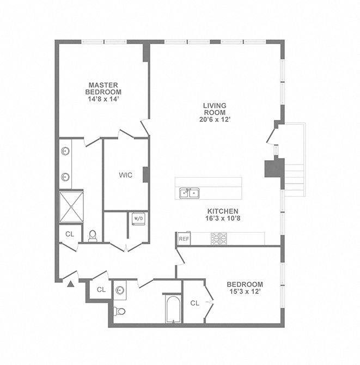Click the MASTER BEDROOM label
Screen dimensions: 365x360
pyautogui.click(x=104, y=88)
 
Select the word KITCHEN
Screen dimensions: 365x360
pyautogui.click(x=222, y=211)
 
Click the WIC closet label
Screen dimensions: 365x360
pyautogui.click(x=125, y=175)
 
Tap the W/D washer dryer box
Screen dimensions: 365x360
pyautogui.click(x=138, y=219)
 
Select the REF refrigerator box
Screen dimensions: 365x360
pyautogui.click(x=184, y=239)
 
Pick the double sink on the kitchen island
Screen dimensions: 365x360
pyautogui.click(x=190, y=192)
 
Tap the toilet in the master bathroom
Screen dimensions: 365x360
pyautogui.click(x=93, y=236)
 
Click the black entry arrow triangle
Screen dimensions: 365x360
pyautogui.click(x=70, y=283)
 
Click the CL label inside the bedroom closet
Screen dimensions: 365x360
pyautogui.click(x=195, y=302)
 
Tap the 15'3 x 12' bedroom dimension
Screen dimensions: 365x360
pyautogui.click(x=245, y=292)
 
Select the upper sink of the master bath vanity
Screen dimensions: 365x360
pyautogui.click(x=65, y=151)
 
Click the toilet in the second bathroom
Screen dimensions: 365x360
pyautogui.click(x=120, y=311)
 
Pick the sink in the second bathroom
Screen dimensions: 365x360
pyautogui.click(x=120, y=290)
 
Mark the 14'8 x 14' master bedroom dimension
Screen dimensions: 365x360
pyautogui.click(x=104, y=99)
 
